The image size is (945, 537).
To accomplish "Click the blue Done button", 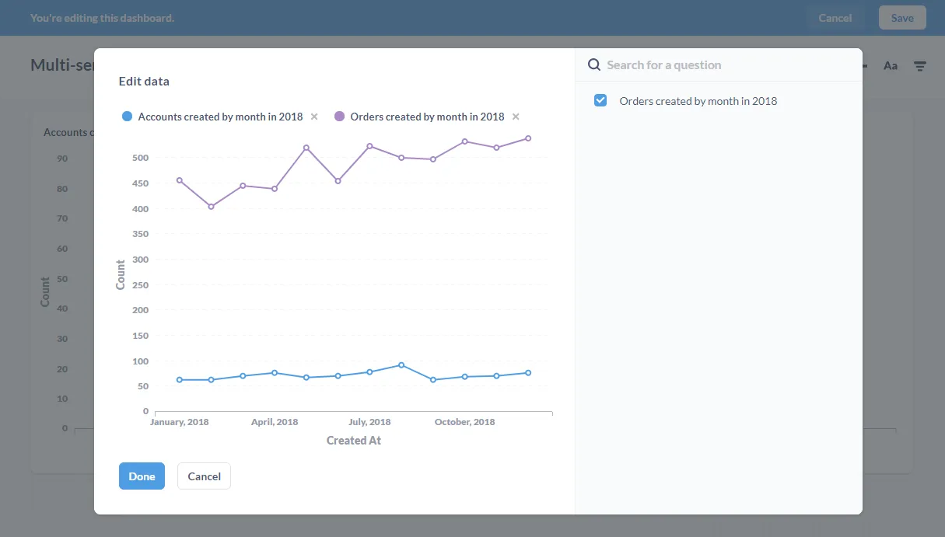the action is [142, 476].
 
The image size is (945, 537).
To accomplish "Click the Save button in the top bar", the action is [902, 18].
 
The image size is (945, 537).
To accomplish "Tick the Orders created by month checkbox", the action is [600, 100].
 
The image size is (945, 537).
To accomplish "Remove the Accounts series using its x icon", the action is [314, 117].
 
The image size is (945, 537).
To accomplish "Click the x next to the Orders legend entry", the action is [516, 117].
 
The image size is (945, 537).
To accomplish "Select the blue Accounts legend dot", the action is [127, 117].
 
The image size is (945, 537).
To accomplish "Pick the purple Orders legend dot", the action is [339, 117].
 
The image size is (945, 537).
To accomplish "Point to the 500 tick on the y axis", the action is [141, 158].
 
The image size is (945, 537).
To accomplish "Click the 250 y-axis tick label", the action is [141, 285].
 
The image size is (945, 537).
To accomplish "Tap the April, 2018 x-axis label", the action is [275, 422].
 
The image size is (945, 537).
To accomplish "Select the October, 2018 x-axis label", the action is [464, 422].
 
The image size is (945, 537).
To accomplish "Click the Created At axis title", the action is [354, 441].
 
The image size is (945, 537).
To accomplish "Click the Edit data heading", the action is [144, 82].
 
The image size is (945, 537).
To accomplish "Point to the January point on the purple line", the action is [180, 180].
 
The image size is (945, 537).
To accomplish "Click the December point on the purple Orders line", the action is [528, 138].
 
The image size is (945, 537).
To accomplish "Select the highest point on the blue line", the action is [401, 365].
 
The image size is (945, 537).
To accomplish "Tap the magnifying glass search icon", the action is [594, 65].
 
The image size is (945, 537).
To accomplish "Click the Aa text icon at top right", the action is [891, 66].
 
